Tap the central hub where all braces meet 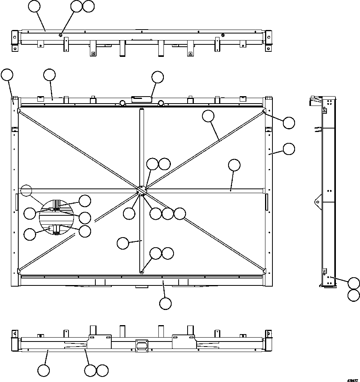[x=142, y=190]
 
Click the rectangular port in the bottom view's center [x=142, y=345]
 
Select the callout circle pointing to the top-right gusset [x=288, y=123]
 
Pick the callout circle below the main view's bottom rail [x=165, y=303]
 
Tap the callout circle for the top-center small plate [x=158, y=77]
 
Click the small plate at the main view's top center [x=142, y=99]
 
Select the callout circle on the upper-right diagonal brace [x=208, y=116]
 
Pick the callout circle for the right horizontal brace [x=234, y=165]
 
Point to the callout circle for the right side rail [x=288, y=148]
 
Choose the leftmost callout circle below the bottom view [x=44, y=370]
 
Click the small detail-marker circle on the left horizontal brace [x=26, y=190]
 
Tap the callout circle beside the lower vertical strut [x=123, y=243]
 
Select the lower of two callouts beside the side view [x=354, y=295]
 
